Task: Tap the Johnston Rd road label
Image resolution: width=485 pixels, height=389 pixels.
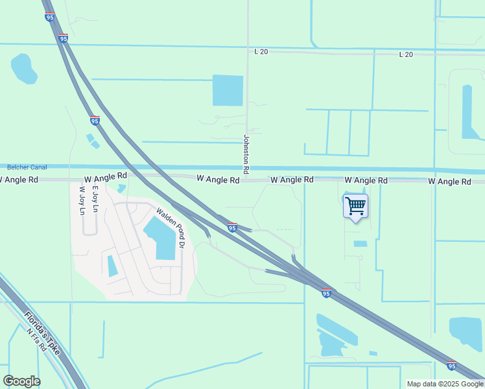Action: (x=246, y=154)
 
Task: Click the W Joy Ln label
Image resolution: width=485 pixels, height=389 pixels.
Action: (x=82, y=202)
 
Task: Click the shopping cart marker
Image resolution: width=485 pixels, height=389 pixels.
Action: (x=355, y=206)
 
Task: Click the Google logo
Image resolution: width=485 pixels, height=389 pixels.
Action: (x=21, y=381)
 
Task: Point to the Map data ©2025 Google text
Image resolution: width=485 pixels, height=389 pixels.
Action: (x=445, y=384)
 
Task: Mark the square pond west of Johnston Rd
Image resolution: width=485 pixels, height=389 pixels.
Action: (x=228, y=90)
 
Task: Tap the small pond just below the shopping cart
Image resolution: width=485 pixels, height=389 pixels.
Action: (x=360, y=244)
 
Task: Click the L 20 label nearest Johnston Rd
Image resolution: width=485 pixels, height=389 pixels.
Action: (x=261, y=52)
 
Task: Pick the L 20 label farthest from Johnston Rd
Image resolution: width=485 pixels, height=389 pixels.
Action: (x=406, y=54)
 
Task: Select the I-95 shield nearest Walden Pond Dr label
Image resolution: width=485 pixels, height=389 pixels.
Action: (x=232, y=228)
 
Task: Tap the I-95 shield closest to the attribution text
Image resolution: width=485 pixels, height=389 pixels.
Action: (x=451, y=366)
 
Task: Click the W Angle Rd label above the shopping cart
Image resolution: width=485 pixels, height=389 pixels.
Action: (x=366, y=180)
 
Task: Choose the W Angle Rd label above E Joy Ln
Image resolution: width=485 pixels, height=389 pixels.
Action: (x=105, y=176)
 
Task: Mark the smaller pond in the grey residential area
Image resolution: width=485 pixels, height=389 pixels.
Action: (x=112, y=266)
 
